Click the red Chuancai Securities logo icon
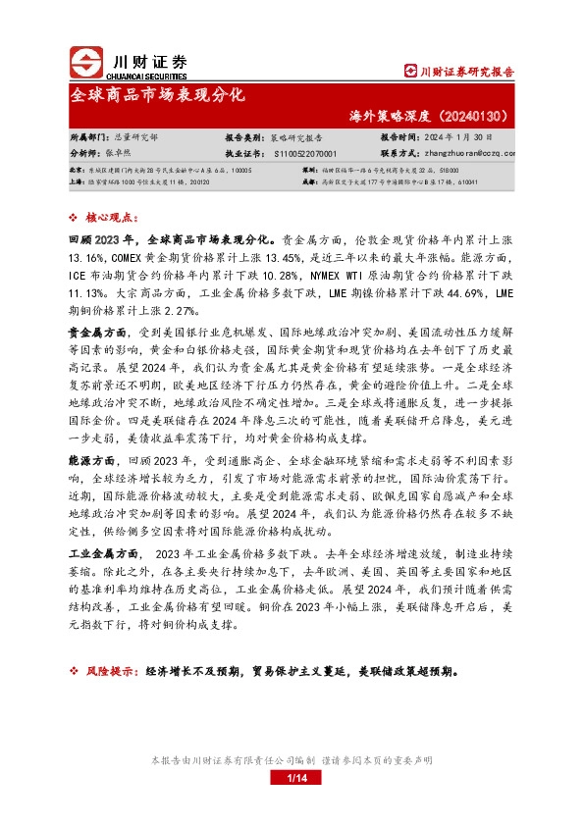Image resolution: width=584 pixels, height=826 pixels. point(86,64)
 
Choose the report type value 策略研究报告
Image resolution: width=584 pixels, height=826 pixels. point(295,138)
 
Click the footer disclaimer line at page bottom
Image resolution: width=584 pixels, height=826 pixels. point(292,760)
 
